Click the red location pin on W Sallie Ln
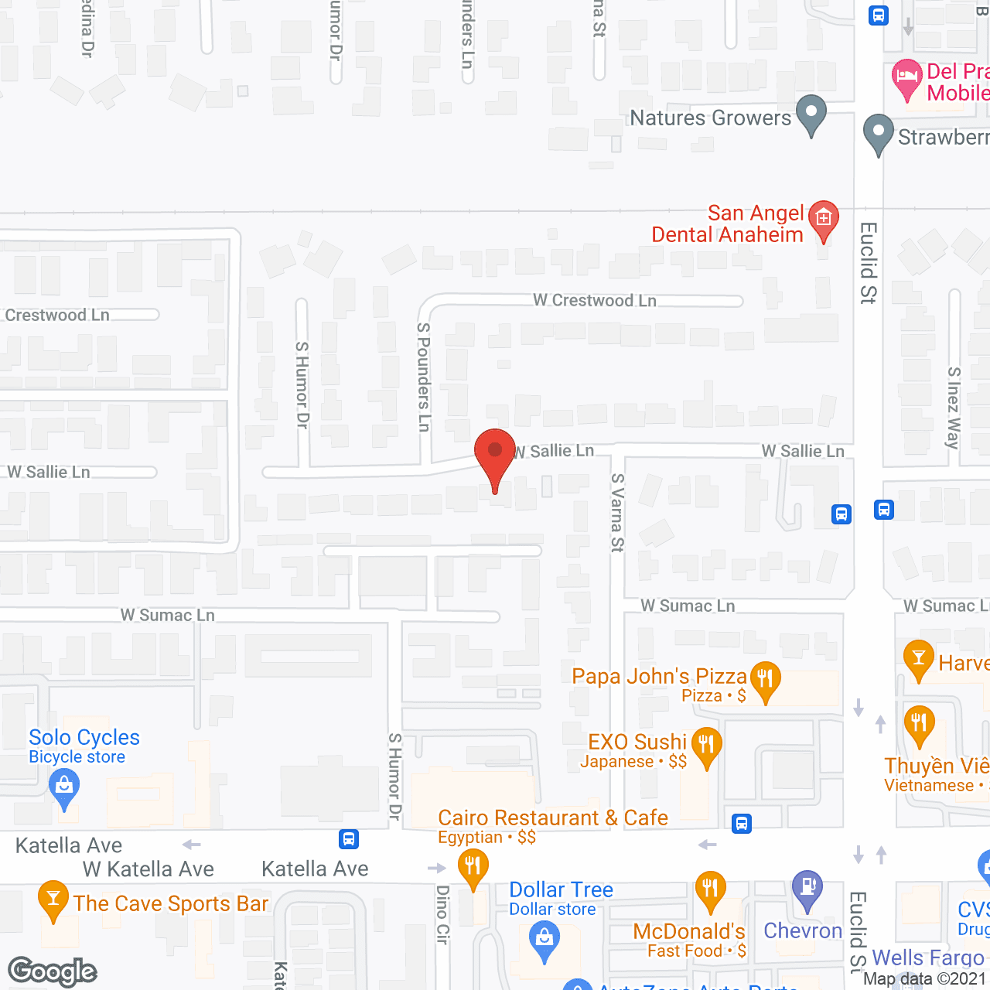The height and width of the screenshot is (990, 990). click(x=494, y=456)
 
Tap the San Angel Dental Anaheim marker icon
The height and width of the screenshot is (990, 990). click(x=823, y=220)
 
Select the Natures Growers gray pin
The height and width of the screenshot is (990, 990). click(x=811, y=113)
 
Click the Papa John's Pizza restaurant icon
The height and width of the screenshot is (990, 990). click(x=765, y=680)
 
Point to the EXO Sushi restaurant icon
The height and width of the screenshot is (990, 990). click(x=706, y=746)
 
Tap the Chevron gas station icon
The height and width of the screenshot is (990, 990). click(x=807, y=888)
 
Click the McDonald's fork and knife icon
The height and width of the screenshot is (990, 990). click(x=710, y=889)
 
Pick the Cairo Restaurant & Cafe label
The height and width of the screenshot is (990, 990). click(x=552, y=818)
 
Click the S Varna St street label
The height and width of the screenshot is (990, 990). click(x=616, y=512)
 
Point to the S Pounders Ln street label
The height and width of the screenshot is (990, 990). click(x=423, y=377)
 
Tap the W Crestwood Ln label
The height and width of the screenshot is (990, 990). click(x=594, y=301)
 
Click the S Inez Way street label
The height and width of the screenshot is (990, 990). click(x=954, y=408)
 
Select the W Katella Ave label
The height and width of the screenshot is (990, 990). click(x=148, y=869)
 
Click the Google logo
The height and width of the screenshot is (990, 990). click(x=52, y=971)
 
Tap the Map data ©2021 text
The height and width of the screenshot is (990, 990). click(x=924, y=979)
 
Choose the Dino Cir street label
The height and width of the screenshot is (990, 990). click(x=442, y=914)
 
